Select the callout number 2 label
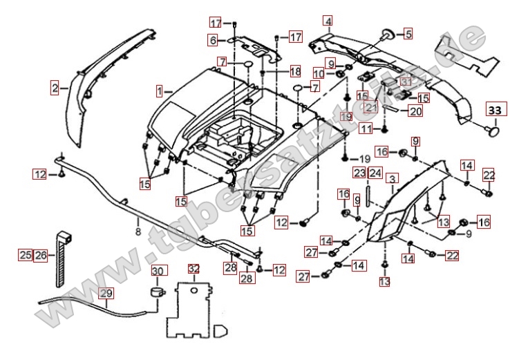(54, 88)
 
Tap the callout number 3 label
(392, 179)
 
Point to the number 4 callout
(328, 21)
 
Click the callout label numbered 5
(408, 32)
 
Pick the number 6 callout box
(213, 40)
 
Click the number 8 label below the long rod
(138, 232)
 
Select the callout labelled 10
(319, 74)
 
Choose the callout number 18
(295, 71)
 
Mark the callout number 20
(415, 111)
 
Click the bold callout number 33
(495, 110)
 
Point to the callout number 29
(105, 294)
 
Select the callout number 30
(158, 269)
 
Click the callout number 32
(194, 268)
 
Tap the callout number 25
(25, 255)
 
